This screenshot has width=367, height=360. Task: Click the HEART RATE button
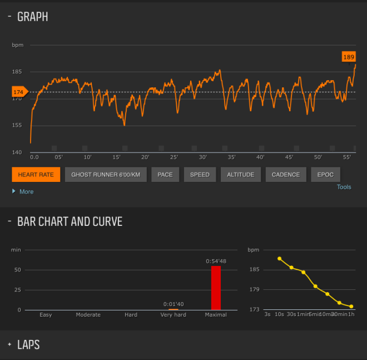coord(36,175)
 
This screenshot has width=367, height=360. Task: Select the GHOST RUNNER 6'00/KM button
coord(106,175)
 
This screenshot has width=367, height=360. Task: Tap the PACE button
coord(165,175)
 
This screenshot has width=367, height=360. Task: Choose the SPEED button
coord(200,175)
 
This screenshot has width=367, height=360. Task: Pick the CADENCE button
coord(286,175)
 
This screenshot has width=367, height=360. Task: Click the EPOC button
coord(325,175)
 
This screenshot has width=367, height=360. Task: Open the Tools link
coord(344,187)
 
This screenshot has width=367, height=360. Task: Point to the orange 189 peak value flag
coord(349,57)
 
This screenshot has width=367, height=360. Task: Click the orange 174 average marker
coord(19,92)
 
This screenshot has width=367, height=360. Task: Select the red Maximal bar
coord(216,288)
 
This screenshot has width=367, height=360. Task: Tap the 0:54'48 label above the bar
coord(216,261)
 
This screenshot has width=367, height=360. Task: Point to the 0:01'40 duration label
coord(173,304)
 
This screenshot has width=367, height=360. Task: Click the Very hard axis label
coord(173,315)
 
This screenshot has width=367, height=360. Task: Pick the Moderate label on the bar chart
coord(88,315)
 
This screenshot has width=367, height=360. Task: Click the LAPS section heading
coord(28,345)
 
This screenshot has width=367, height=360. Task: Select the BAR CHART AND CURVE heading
coord(70,221)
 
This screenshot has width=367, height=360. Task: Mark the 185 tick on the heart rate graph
coord(17,72)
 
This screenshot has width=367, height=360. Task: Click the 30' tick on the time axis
coord(202,157)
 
